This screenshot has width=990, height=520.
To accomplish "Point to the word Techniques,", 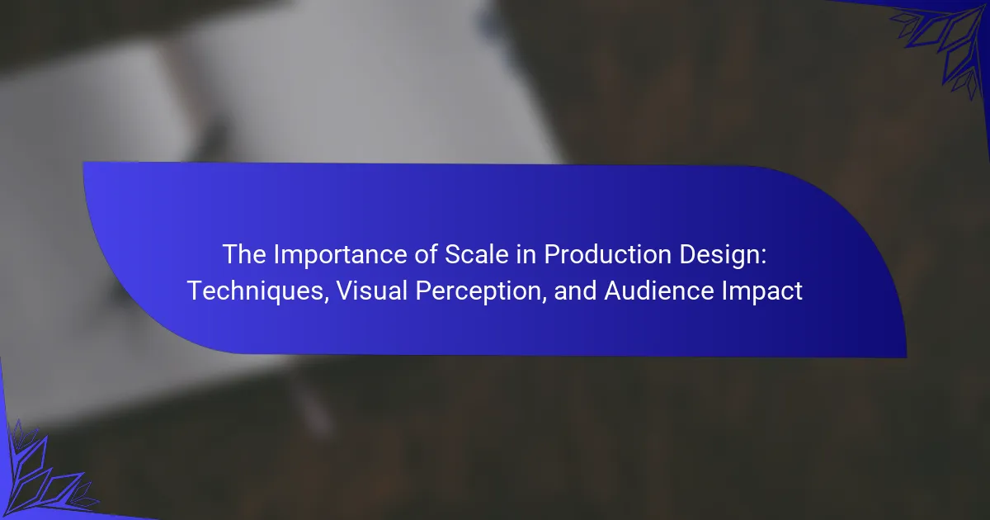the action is click(x=258, y=291).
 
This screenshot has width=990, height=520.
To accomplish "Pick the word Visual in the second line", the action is click(x=372, y=291).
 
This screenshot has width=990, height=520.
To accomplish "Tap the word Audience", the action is click(x=659, y=291).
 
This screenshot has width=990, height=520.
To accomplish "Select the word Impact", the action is click(x=762, y=292).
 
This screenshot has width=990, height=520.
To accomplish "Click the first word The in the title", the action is click(x=244, y=254).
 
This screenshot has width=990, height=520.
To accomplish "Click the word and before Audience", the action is click(x=575, y=291).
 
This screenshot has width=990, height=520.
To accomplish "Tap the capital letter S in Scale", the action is click(x=453, y=254).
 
